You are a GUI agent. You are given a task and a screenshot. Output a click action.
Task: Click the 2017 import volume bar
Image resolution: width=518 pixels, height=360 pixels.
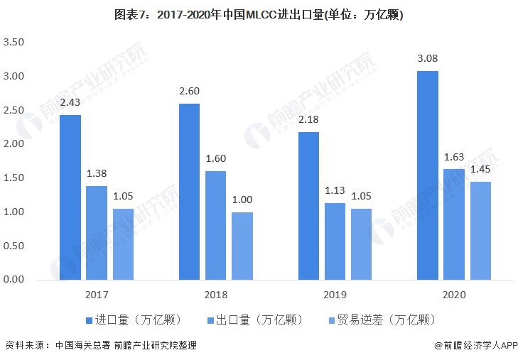(70, 197)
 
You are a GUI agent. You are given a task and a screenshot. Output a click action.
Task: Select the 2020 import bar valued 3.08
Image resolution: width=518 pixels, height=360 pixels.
(428, 175)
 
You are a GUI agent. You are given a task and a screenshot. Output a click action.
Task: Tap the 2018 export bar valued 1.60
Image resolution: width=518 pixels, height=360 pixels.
(216, 225)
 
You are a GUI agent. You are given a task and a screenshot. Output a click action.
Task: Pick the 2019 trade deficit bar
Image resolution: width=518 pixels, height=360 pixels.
(361, 244)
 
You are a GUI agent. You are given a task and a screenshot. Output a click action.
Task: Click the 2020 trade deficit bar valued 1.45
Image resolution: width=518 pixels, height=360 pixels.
(480, 230)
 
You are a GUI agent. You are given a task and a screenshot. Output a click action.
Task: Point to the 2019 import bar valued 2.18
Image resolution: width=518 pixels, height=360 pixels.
(308, 206)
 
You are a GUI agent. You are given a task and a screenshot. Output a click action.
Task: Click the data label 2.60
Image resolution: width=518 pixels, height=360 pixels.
(190, 92)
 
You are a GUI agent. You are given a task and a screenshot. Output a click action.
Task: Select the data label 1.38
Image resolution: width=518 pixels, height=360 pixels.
(97, 174)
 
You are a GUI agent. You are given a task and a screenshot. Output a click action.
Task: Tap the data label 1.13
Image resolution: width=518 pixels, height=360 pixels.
(335, 191)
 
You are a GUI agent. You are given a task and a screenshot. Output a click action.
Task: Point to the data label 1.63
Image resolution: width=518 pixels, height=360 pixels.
(454, 157)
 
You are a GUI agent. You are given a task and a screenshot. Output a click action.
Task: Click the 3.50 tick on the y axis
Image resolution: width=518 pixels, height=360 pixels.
(14, 43)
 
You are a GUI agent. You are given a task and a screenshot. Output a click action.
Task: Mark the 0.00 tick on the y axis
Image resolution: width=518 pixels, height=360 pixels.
(14, 280)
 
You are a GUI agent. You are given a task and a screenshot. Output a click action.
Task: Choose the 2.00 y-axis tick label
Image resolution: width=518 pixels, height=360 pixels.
(14, 144)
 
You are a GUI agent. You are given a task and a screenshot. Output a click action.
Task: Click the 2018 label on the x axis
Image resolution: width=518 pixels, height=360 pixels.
(215, 294)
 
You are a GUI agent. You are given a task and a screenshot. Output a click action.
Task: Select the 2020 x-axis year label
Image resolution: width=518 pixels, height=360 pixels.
(454, 294)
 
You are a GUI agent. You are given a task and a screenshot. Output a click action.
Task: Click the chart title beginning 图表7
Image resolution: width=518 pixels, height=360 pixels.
(259, 14)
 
